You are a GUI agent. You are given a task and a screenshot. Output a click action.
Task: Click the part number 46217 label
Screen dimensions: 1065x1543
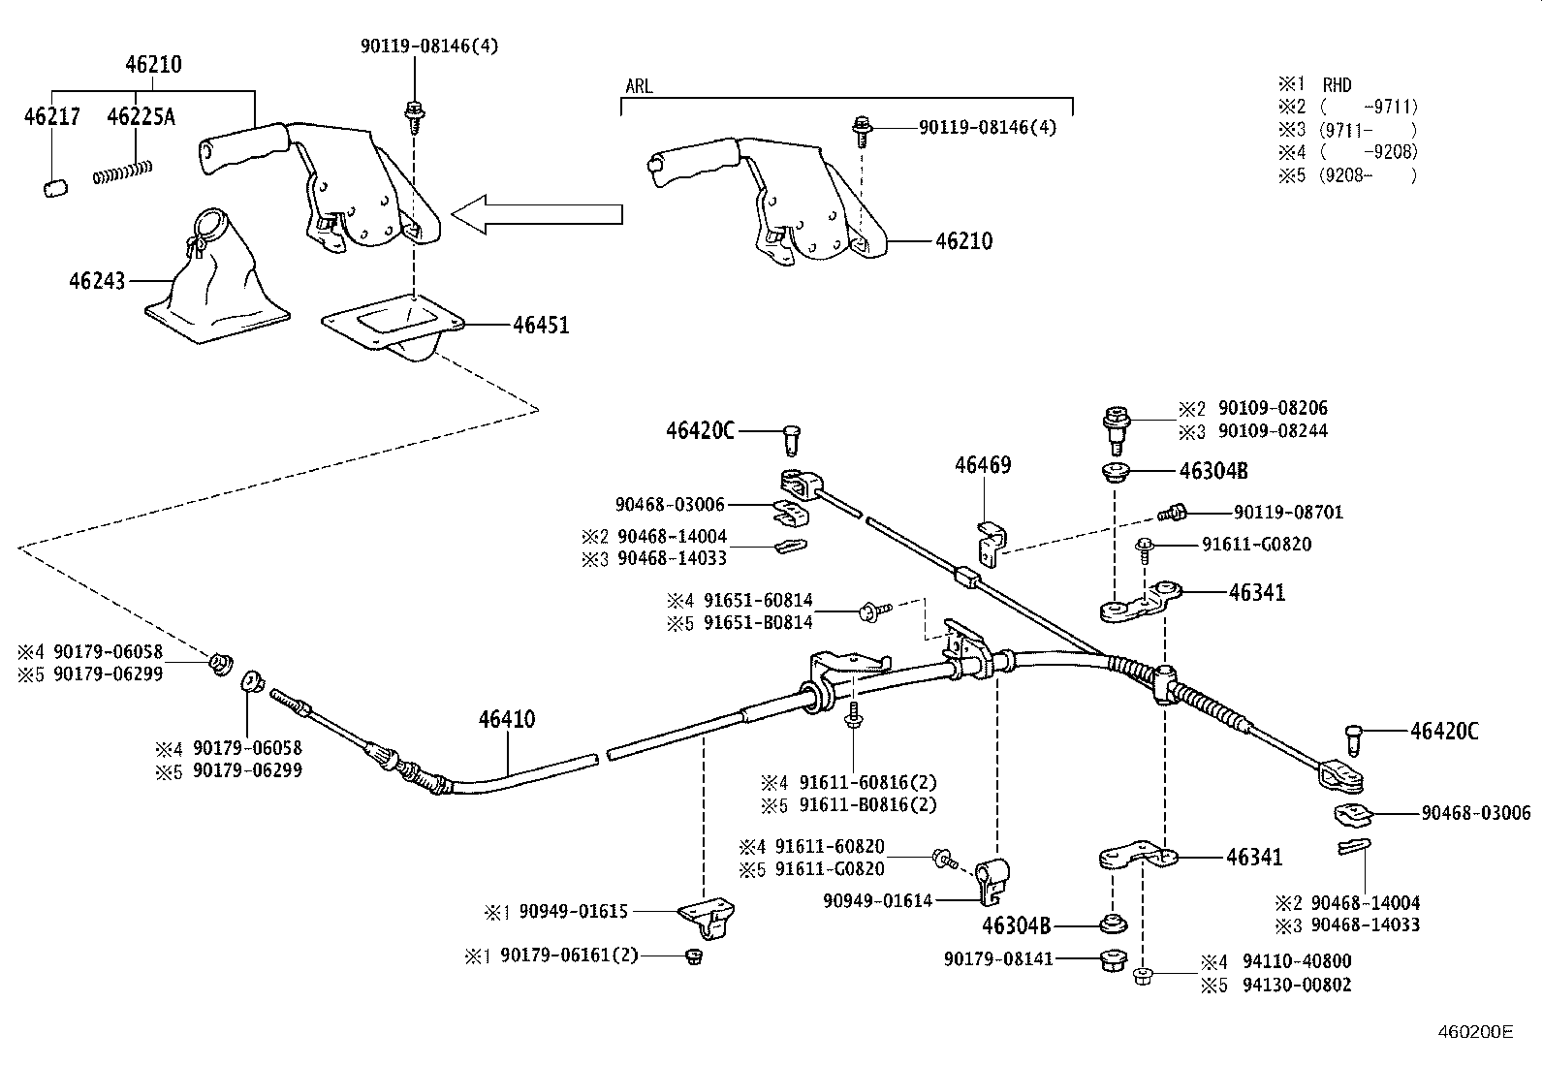click(51, 117)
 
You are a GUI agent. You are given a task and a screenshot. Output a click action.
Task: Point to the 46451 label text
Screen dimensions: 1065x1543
click(541, 326)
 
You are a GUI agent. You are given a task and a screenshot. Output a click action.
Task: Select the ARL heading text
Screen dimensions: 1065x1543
click(639, 87)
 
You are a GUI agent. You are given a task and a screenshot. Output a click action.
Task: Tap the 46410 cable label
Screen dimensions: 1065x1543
click(506, 719)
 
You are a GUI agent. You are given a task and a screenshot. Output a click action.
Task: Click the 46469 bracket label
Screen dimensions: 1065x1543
click(983, 465)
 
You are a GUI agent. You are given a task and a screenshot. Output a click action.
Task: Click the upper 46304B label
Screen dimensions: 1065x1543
click(1212, 472)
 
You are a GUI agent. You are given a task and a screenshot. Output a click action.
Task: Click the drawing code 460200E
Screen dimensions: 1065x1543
click(1474, 1033)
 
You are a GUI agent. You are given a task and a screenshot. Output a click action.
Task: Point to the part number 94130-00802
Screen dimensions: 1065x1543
click(1298, 985)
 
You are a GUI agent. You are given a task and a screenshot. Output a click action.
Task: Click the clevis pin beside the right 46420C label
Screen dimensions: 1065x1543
click(1354, 739)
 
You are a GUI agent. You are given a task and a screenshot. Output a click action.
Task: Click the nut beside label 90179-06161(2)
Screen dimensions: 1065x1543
click(692, 956)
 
